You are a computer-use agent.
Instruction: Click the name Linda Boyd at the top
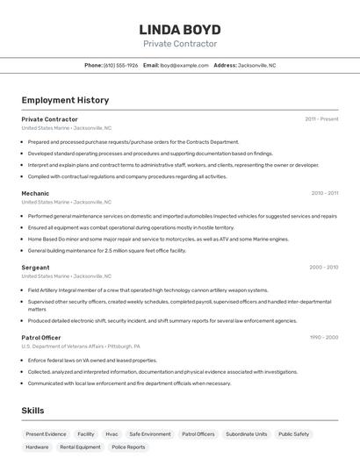180,29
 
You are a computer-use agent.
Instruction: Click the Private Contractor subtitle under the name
180,44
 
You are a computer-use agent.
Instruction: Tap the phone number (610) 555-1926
121,65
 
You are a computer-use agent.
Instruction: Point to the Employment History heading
65,100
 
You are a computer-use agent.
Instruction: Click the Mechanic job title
35,193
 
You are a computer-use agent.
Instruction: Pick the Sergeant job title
35,268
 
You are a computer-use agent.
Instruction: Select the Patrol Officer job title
41,338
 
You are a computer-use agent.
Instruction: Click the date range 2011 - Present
321,119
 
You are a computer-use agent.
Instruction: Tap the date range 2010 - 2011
324,193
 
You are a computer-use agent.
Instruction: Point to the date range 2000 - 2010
323,268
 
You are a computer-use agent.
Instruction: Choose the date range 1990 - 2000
323,338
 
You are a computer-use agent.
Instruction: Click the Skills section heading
32,411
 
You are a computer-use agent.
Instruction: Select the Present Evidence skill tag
46,434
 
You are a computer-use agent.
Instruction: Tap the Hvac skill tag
112,434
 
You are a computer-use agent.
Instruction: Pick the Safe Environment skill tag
150,434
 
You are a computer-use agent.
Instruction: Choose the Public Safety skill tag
293,434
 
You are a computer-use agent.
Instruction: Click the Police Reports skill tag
128,447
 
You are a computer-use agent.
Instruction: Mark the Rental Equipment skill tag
80,447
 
